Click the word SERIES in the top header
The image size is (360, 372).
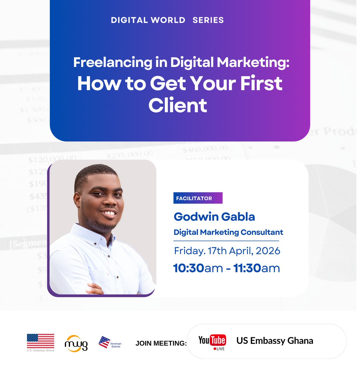208,20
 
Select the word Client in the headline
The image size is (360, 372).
178,105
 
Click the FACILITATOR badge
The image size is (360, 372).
198,198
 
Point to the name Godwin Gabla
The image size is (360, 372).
214,216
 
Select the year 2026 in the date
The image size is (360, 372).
268,250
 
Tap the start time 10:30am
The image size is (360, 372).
198,268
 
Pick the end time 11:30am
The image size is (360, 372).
256,268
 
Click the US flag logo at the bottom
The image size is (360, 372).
41,341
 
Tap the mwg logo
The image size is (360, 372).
76,343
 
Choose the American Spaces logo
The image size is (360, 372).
109,343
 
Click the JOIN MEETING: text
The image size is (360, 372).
161,343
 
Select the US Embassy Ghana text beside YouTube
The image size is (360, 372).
275,341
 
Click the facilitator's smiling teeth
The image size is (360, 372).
109,213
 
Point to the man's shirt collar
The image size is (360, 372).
93,236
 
